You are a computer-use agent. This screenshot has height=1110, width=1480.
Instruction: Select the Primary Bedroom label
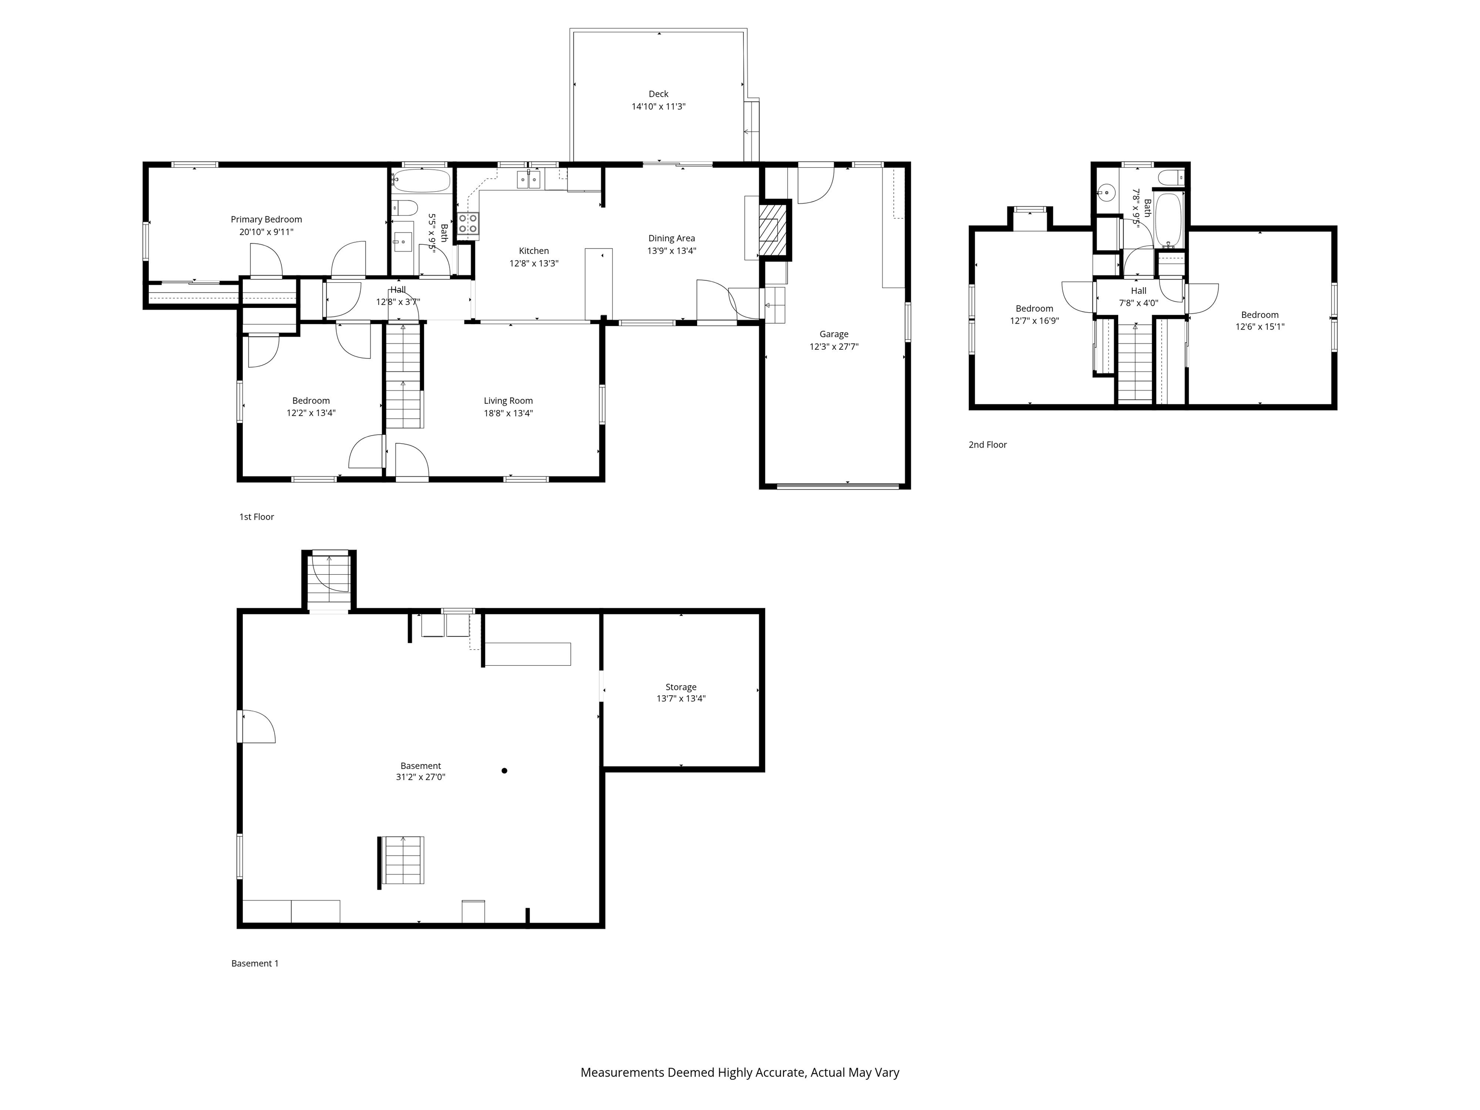tap(266, 220)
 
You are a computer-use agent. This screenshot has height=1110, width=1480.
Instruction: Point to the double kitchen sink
tap(528, 180)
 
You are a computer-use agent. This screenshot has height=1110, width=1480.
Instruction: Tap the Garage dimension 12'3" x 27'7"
tap(833, 346)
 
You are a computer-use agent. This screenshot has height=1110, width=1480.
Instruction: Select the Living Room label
tap(508, 401)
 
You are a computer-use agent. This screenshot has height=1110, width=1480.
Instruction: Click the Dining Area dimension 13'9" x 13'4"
tap(671, 251)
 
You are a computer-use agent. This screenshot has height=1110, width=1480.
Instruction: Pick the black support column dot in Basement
tap(504, 771)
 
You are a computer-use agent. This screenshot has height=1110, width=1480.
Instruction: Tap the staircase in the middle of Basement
tap(403, 860)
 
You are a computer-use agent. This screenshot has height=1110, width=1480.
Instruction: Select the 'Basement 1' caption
tap(254, 964)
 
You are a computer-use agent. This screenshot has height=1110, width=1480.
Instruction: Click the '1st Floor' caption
tap(256, 516)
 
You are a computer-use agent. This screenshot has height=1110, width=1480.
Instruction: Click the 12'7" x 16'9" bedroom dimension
tap(1034, 320)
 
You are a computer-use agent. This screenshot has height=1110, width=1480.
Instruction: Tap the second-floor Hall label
tap(1138, 291)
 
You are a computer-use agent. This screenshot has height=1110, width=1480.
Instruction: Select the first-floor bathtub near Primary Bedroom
tap(422, 181)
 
